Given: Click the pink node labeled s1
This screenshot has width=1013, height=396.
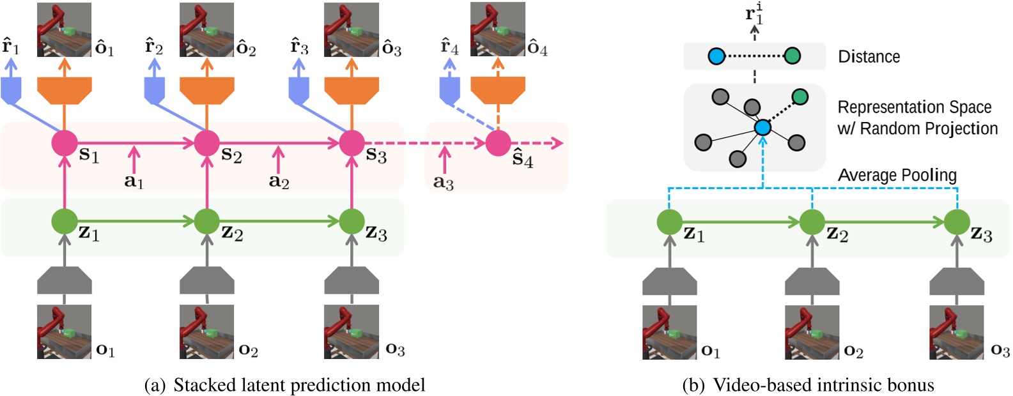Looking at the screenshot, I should (64, 143).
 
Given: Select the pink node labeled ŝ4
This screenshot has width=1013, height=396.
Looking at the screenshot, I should (498, 143).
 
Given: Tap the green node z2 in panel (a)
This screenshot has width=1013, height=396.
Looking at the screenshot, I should (206, 222).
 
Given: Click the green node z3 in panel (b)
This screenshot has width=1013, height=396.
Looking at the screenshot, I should (957, 222).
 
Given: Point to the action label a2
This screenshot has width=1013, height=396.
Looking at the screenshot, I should (279, 181).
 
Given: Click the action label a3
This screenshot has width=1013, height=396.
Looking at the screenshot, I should (443, 182).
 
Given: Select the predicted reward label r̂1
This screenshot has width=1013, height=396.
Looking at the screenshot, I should (11, 47).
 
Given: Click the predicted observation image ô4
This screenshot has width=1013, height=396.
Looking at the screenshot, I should (497, 29).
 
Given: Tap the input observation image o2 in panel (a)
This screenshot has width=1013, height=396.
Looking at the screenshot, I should (206, 331).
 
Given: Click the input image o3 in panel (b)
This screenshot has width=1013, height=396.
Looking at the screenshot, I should (957, 332).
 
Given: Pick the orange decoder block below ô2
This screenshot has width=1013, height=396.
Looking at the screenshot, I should (206, 90).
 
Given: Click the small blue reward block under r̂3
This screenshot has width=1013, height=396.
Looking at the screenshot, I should (299, 90).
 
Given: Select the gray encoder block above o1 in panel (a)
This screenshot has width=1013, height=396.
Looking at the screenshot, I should (64, 281).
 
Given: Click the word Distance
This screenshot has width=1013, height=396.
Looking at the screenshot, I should (869, 57).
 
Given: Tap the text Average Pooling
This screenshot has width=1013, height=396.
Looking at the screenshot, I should (897, 175).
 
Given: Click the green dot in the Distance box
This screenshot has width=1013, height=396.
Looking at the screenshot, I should (792, 56).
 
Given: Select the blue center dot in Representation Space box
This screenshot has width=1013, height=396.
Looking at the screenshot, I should (762, 128).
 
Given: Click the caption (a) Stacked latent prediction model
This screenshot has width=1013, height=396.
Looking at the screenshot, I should (285, 385).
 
